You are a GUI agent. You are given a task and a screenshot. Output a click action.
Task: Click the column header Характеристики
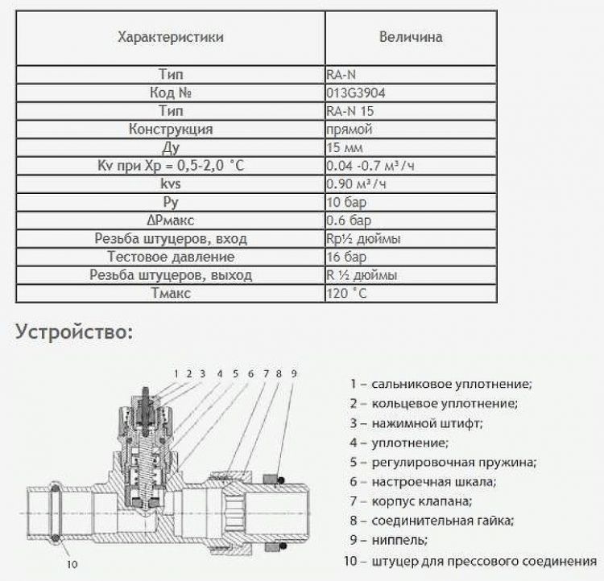171,37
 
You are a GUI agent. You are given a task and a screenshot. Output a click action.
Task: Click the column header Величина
410,37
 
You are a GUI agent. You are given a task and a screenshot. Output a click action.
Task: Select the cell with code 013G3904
356,93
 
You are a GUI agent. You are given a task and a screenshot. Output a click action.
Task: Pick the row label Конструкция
171,129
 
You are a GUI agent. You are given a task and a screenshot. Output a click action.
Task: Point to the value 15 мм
345,147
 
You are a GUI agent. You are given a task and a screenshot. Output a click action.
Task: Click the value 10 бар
347,202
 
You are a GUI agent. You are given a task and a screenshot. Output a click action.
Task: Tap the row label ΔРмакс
171,220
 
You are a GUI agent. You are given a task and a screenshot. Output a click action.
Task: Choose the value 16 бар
347,257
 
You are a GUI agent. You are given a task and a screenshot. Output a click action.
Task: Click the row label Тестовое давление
171,257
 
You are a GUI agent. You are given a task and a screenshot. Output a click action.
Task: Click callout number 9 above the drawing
294,373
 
